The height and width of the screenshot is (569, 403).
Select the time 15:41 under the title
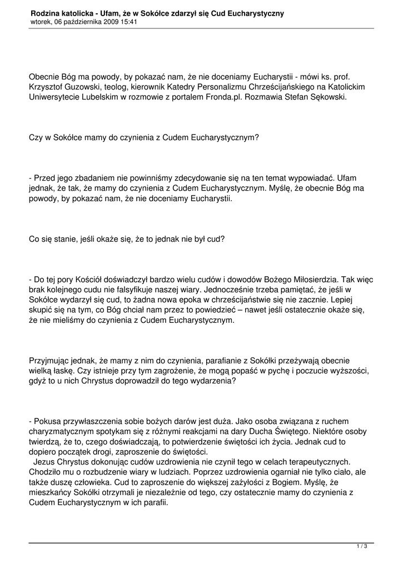click(127, 22)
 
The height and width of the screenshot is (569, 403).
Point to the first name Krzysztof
click(47, 87)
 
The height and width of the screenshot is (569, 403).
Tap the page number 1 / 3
click(361, 547)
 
